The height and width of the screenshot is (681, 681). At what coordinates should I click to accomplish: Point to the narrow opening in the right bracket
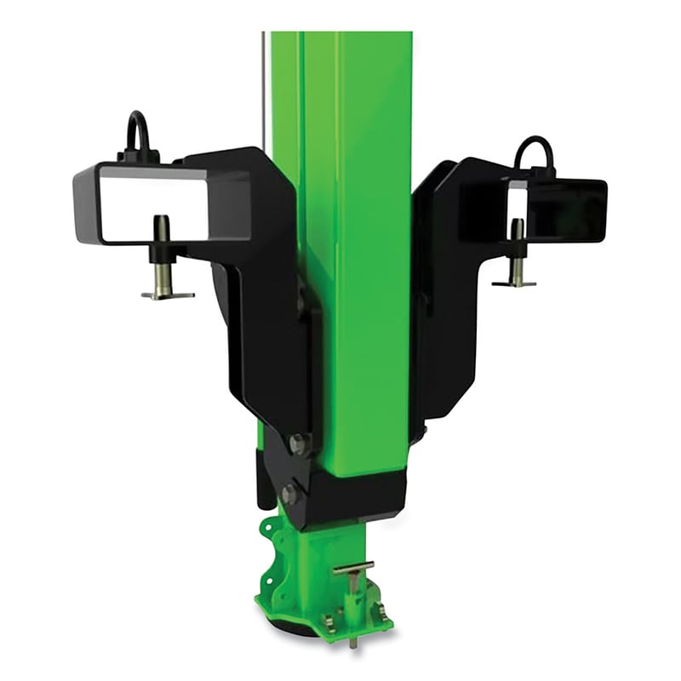pyautogui.click(x=517, y=201)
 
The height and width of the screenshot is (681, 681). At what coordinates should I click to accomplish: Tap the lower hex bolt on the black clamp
pyautogui.click(x=289, y=493)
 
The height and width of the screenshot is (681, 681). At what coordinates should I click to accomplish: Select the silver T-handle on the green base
pyautogui.click(x=353, y=569)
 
